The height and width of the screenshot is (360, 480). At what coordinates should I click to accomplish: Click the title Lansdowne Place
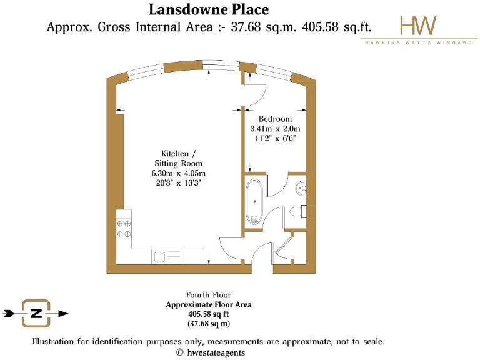coord(209,9)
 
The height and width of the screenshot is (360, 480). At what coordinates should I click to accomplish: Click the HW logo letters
coord(418,25)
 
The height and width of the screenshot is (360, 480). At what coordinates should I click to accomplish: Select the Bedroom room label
coord(276,119)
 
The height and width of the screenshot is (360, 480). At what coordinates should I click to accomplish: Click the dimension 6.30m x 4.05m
coord(178,173)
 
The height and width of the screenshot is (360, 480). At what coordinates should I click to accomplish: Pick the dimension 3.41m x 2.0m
coord(276,129)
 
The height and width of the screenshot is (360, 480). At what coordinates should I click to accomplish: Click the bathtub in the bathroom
coord(254,202)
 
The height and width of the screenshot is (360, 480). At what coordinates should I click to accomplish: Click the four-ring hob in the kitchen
coord(123,227)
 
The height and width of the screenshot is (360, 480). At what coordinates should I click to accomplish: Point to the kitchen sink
coord(160,256)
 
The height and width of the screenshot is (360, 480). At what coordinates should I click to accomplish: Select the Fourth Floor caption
coord(209,295)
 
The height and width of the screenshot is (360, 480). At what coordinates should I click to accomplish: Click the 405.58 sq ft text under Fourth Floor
coord(209,314)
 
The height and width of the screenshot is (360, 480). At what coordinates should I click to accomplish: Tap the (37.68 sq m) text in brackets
coord(209,324)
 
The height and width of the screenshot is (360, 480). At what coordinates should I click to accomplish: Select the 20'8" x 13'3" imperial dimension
coord(178,184)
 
